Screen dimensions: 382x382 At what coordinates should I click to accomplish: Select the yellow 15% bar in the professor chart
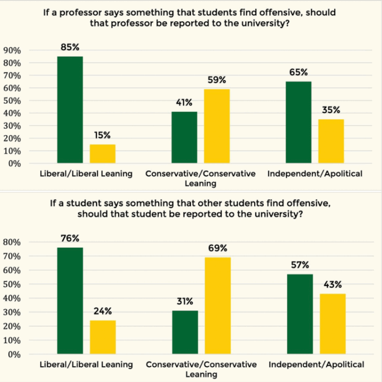[102, 154]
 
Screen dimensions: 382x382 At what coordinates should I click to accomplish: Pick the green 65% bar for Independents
[298, 123]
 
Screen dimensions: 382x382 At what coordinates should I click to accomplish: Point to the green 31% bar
[185, 332]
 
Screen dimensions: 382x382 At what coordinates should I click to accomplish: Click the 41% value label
[185, 102]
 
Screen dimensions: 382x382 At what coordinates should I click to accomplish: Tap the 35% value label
[331, 110]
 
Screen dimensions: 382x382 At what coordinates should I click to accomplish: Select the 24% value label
[103, 311]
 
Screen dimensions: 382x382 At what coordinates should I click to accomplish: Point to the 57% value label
[300, 265]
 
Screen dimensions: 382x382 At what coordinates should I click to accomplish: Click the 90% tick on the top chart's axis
[12, 50]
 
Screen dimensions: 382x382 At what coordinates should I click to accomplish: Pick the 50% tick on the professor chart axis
[12, 101]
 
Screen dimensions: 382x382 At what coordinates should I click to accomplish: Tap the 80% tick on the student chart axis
[12, 242]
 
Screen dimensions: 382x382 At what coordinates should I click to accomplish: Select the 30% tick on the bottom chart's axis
[12, 312]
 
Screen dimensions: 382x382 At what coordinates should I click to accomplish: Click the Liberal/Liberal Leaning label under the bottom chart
[86, 364]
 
